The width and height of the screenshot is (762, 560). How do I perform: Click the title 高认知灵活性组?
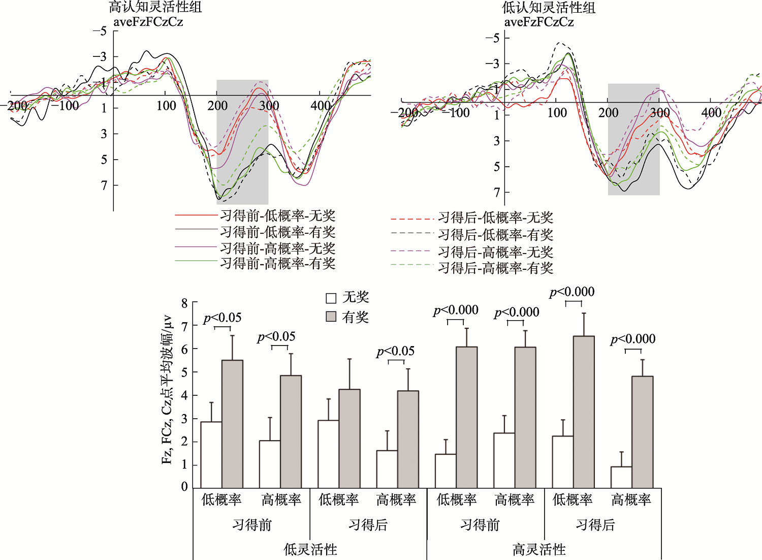(155, 7)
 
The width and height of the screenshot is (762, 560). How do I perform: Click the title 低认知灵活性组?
(549, 8)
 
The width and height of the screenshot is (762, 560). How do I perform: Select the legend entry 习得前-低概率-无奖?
(277, 216)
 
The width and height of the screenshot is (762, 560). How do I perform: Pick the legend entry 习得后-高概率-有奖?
(495, 268)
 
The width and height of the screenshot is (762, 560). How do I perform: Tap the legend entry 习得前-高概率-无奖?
(277, 248)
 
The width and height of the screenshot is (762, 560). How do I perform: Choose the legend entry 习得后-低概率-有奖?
(495, 235)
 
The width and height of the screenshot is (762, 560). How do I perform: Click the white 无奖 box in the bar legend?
(331, 298)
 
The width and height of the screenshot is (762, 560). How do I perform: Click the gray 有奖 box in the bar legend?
(331, 317)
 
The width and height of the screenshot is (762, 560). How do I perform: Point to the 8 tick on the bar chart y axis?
(184, 303)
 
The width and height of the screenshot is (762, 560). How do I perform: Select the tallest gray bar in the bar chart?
(584, 412)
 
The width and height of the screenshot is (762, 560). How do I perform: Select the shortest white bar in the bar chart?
(621, 477)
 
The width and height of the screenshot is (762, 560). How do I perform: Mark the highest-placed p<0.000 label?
(572, 292)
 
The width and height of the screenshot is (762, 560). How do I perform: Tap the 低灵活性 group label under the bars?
(310, 549)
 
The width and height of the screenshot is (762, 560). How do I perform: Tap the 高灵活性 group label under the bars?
(539, 549)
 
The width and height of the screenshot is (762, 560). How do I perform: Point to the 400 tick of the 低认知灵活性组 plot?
(711, 113)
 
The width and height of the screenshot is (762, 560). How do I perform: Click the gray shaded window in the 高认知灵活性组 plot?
(242, 142)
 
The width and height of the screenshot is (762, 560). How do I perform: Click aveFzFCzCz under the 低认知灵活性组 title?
(539, 22)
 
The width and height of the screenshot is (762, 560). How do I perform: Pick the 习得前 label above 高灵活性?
(480, 525)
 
